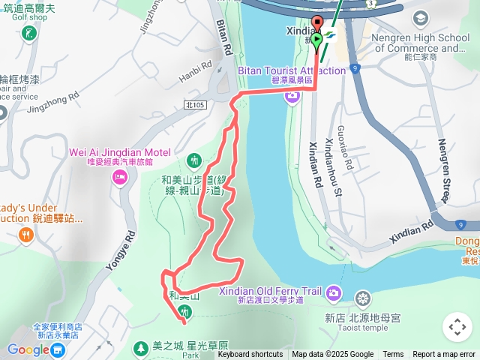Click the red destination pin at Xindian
316,23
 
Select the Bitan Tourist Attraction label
292,70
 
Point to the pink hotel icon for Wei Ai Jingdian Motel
118,177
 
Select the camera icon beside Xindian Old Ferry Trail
334,292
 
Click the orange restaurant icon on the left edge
27,235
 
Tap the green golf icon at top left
28,33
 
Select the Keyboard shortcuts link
250,354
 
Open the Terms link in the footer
393,354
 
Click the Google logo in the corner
28,349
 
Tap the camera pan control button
457,327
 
